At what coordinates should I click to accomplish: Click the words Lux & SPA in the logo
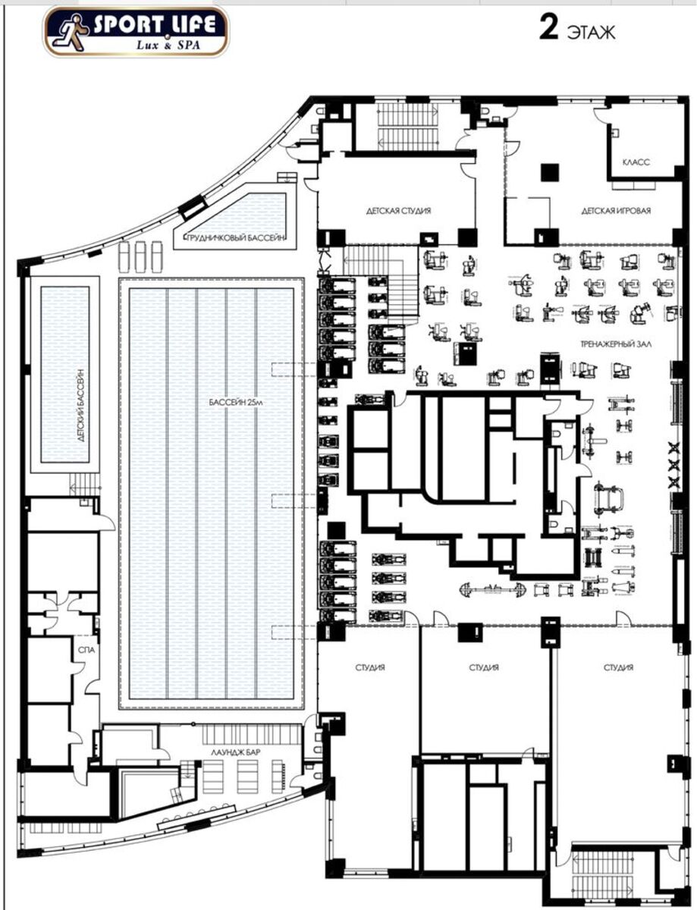(168, 45)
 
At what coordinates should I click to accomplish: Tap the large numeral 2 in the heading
(549, 28)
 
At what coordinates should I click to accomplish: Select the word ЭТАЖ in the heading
(591, 33)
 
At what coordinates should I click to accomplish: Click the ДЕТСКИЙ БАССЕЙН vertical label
(81, 406)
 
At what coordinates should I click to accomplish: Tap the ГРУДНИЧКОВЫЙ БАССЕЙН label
(236, 237)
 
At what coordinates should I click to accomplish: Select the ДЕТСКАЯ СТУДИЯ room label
(398, 211)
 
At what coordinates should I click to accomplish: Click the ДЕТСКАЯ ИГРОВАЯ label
(616, 211)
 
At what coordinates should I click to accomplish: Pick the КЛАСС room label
(636, 162)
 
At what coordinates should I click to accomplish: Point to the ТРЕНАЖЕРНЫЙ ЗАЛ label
(616, 344)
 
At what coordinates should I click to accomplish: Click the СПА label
(86, 650)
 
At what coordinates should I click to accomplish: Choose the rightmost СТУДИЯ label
(618, 667)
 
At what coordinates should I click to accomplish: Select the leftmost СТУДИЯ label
(370, 667)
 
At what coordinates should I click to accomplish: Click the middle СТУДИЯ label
(484, 667)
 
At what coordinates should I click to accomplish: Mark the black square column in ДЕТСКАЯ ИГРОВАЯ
(550, 173)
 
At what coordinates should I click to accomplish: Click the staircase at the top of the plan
(408, 127)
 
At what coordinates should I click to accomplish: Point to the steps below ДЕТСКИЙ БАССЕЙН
(85, 485)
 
